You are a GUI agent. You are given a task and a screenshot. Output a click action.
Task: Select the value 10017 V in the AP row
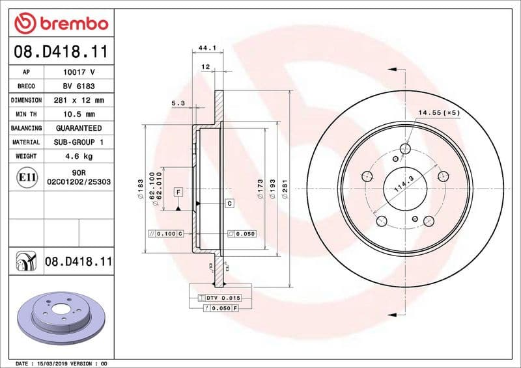(x=79, y=72)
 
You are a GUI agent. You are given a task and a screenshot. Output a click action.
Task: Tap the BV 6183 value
(x=79, y=86)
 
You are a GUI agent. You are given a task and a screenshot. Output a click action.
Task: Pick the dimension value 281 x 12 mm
(x=79, y=100)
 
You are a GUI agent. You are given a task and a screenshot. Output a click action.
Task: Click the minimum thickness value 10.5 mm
(x=79, y=114)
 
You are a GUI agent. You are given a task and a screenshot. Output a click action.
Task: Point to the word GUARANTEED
(x=79, y=128)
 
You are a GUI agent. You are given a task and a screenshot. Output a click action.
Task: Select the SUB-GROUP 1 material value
(x=79, y=142)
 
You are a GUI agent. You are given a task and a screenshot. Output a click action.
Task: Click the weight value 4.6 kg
(x=79, y=156)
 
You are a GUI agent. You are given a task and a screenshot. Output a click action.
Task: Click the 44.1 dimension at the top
(x=207, y=47)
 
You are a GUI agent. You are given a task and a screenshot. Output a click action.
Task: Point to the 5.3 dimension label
(x=178, y=103)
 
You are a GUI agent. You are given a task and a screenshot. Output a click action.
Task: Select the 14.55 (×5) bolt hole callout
(x=438, y=112)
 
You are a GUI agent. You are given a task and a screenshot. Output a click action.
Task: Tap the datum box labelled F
(x=178, y=192)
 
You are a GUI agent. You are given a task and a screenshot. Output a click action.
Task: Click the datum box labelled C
(x=230, y=204)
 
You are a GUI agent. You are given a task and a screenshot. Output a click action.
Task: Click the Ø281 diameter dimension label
(x=285, y=189)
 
